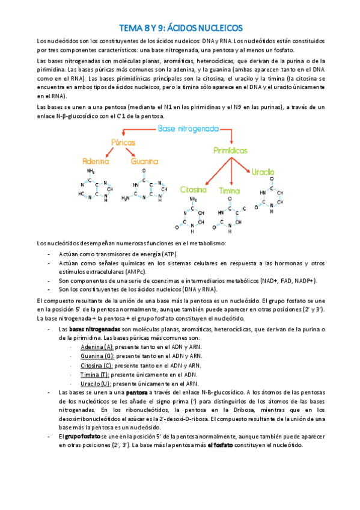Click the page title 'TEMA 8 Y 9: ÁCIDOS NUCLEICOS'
coord(180,28)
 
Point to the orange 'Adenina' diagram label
coord(96,161)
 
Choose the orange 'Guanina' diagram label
coord(144,161)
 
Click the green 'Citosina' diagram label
coord(193,190)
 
